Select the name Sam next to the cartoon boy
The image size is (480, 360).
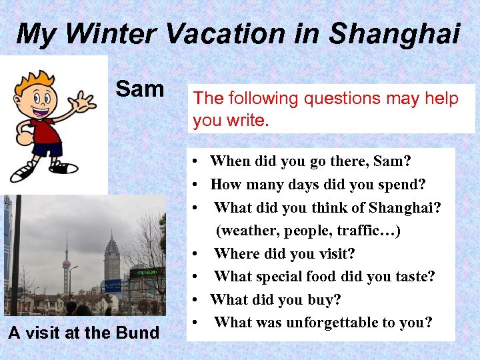(x=140, y=89)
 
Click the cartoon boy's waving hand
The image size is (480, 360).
(x=85, y=102)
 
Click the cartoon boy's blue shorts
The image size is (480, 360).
(x=47, y=148)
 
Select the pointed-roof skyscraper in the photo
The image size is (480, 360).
(x=112, y=257)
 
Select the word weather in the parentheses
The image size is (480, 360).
(x=247, y=231)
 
